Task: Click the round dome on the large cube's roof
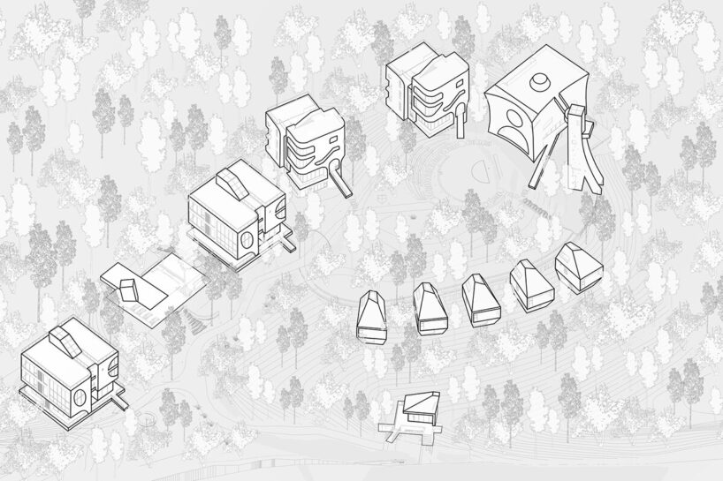click(x=537, y=81)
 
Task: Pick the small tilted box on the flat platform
click(x=129, y=289)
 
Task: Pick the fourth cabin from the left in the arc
click(x=530, y=286)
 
